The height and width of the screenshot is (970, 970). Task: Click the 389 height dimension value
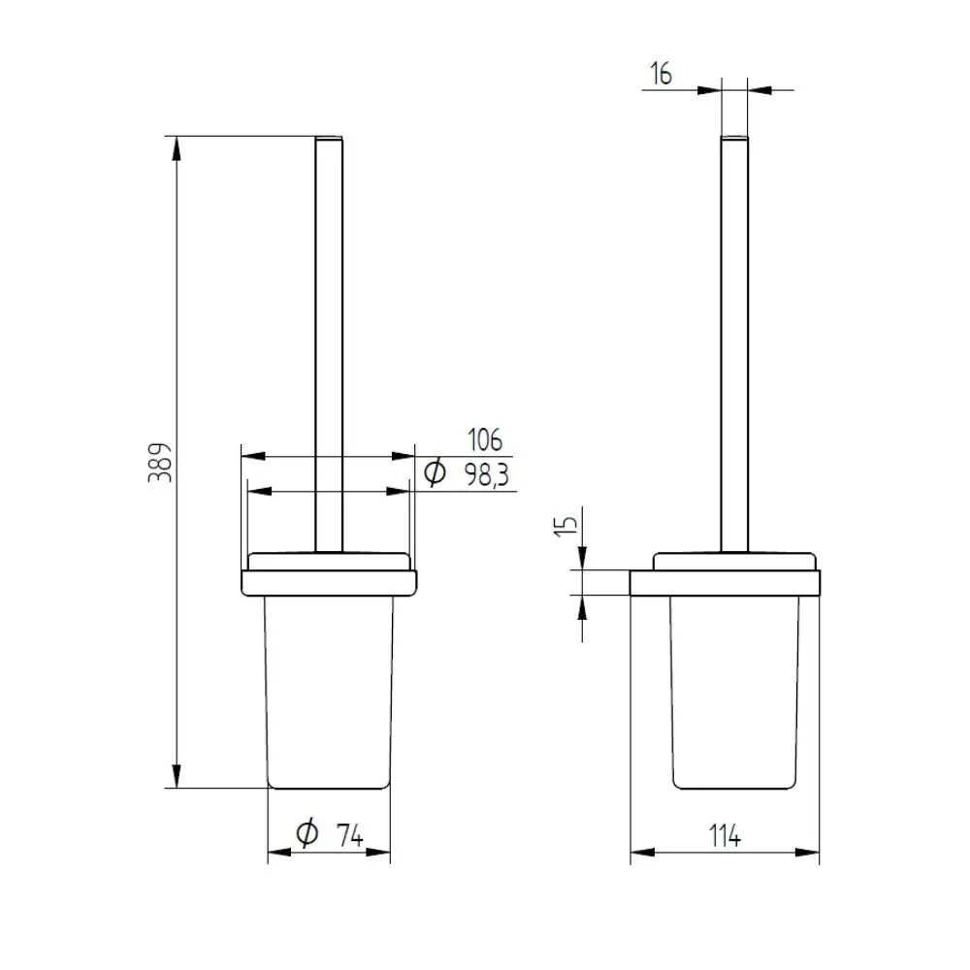coord(160,462)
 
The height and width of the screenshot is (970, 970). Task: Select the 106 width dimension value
coord(485,439)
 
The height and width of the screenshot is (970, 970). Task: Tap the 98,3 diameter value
coord(487,475)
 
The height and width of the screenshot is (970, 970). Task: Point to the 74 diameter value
coord(349,836)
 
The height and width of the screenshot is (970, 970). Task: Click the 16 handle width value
coord(661,74)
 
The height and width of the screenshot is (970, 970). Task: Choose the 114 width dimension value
coord(725,836)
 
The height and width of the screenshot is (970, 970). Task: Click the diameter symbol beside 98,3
coord(435,473)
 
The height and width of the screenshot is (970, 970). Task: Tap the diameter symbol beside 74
coord(307,832)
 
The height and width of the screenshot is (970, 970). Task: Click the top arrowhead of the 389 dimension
coord(177,148)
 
